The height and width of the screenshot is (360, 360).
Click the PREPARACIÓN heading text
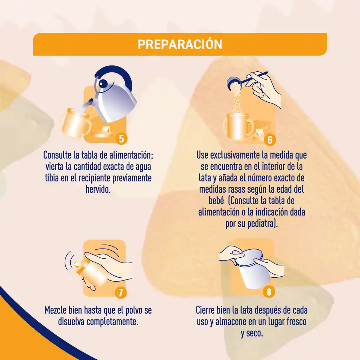coord(180,44)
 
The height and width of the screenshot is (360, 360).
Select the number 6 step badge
coord(270,140)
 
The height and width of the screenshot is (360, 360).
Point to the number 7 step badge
coord(121,292)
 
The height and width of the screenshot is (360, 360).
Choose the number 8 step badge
coord(269,291)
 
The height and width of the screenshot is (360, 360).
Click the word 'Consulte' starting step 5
coord(57,155)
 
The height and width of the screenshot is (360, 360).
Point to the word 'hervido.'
coord(98,189)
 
